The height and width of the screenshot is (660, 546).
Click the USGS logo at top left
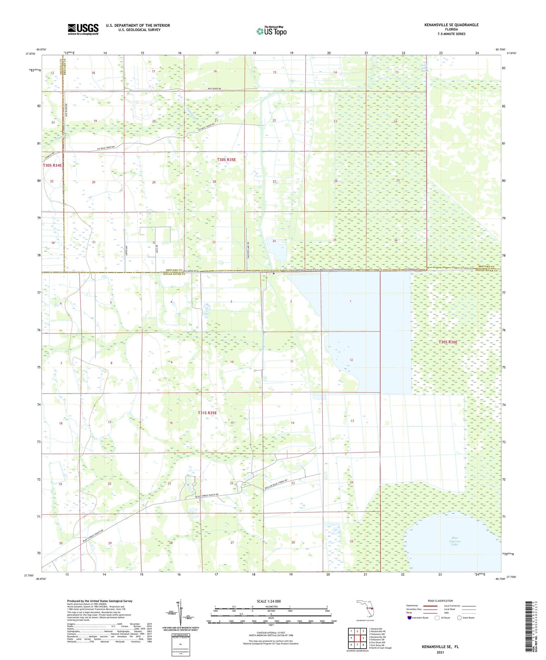coord(83,29)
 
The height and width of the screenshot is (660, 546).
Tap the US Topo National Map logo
coord(271,31)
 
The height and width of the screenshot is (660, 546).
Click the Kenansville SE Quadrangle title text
coord(451,25)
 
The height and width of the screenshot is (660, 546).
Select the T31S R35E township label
coord(207,413)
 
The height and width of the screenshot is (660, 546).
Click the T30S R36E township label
coord(448,342)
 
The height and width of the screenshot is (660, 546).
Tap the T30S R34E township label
coord(52,166)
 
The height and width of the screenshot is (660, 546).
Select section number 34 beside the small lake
coord(274,241)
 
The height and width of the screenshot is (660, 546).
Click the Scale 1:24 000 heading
coord(269,601)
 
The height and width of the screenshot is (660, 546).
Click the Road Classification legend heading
coord(440,601)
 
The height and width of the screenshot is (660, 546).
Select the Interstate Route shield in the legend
coord(410,618)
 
